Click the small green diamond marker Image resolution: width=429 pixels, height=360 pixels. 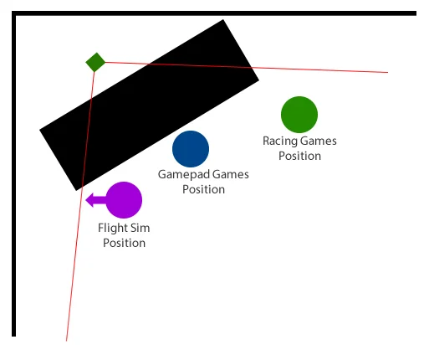tap(95, 62)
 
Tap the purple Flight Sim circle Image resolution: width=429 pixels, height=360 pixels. tap(124, 200)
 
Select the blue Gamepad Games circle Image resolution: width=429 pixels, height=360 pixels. tap(191, 149)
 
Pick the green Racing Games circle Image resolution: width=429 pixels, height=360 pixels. tap(299, 115)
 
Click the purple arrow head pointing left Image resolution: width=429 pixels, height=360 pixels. tap(89, 200)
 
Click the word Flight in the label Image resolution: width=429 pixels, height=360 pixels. tap(112, 229)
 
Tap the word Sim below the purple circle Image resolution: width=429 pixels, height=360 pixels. tap(140, 228)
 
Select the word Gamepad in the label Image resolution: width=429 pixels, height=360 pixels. tap(184, 175)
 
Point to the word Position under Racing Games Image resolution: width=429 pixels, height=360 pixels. tap(299, 156)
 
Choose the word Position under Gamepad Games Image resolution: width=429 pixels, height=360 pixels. tap(203, 189)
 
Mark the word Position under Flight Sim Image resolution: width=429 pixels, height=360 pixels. tap(124, 243)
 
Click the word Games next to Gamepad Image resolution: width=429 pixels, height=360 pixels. tap(231, 174)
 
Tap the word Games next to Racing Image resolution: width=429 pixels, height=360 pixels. tap(319, 141)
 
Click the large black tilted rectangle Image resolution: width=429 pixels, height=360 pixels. tap(150, 105)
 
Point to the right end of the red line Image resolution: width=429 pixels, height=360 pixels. tap(388, 72)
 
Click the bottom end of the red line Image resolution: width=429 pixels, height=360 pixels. tap(66, 341)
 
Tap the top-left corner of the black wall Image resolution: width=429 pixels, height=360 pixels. tap(13, 13)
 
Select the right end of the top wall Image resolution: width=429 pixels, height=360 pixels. tap(416, 13)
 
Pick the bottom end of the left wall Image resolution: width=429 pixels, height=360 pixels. tap(13, 336)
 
